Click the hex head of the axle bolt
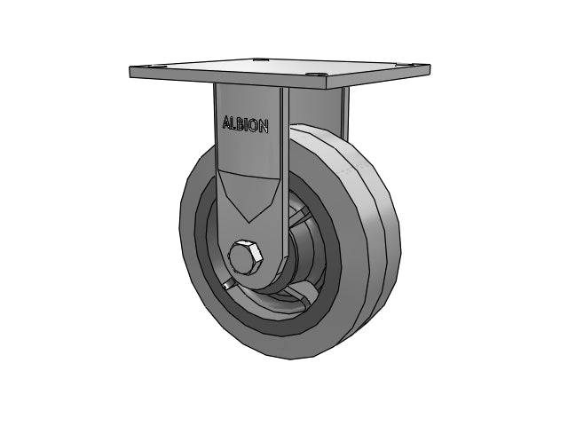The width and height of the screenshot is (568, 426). click(246, 257)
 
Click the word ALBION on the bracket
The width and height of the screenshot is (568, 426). click(245, 124)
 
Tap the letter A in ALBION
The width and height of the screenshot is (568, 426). click(227, 122)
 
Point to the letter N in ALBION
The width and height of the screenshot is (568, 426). click(264, 127)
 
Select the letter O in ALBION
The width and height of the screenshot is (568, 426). click(255, 126)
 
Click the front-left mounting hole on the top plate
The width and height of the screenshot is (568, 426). click(156, 67)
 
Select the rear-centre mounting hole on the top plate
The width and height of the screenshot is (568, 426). click(260, 59)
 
